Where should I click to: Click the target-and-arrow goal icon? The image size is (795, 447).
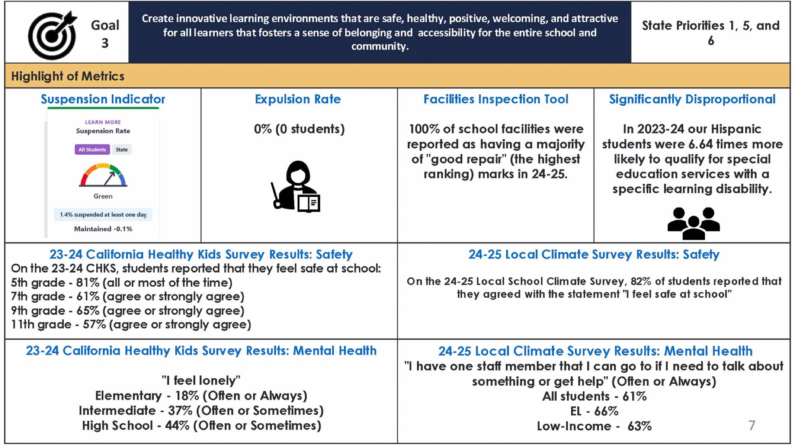pyautogui.click(x=52, y=35)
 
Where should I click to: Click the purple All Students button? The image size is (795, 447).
pyautogui.click(x=92, y=150)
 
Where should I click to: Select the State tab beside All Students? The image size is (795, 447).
pyautogui.click(x=122, y=150)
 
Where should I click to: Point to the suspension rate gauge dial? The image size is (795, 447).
pyautogui.click(x=103, y=175)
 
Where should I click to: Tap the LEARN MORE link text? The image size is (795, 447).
pyautogui.click(x=103, y=122)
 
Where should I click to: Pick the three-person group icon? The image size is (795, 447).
pyautogui.click(x=693, y=223)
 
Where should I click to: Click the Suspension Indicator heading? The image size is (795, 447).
pyautogui.click(x=103, y=99)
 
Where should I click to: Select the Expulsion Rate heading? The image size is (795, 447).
pyautogui.click(x=298, y=99)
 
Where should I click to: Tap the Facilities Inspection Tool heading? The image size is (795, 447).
pyautogui.click(x=496, y=99)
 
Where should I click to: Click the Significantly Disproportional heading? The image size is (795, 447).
pyautogui.click(x=692, y=99)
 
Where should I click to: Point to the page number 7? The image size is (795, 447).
pyautogui.click(x=752, y=425)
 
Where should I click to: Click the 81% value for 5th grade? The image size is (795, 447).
pyautogui.click(x=87, y=282)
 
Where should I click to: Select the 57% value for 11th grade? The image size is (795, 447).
pyautogui.click(x=94, y=324)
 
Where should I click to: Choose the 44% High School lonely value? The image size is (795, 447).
pyautogui.click(x=177, y=425)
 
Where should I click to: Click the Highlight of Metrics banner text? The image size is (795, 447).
pyautogui.click(x=68, y=76)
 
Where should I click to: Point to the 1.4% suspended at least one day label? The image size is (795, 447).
pyautogui.click(x=103, y=214)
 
